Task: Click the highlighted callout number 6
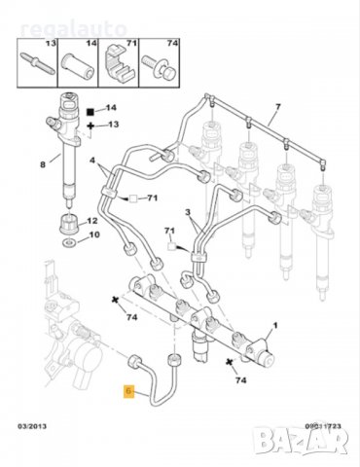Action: pos(128,392)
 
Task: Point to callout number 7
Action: pos(276,106)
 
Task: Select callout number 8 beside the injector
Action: pos(42,164)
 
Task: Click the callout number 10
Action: pos(93,235)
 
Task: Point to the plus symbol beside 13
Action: pos(90,126)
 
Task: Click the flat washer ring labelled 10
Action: pos(68,236)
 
